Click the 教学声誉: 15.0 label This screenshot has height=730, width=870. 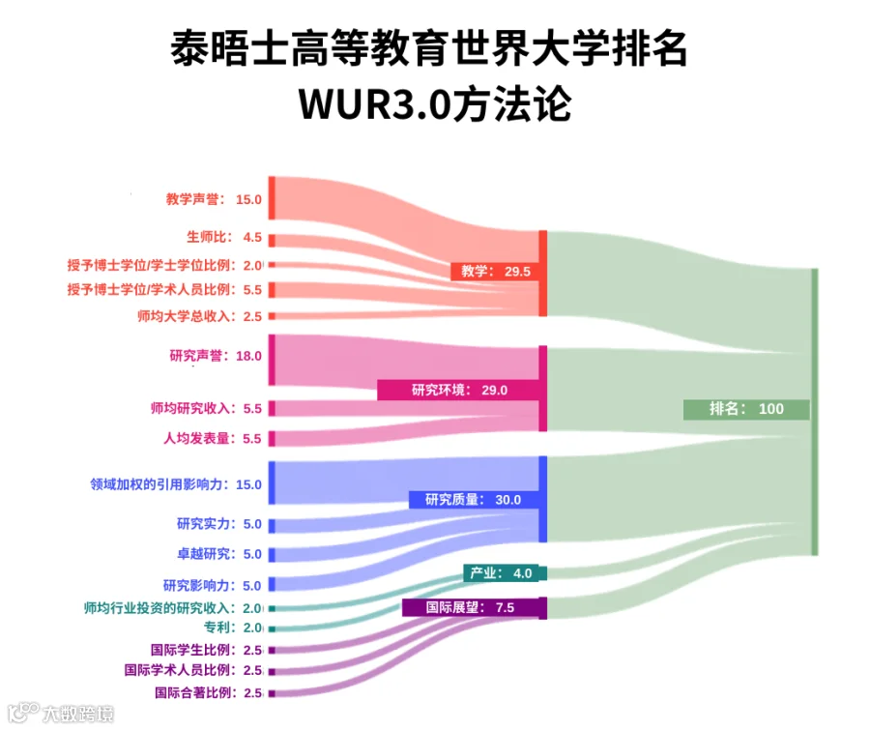point(214,199)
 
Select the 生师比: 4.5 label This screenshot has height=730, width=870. point(224,237)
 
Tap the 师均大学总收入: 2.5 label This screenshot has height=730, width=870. point(200,316)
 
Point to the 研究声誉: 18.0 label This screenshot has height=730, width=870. point(216,356)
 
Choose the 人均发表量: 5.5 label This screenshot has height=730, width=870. point(212,439)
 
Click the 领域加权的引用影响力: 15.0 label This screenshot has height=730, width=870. point(176,484)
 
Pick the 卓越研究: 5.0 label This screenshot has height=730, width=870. point(219,554)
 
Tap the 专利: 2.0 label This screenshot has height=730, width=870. point(233,628)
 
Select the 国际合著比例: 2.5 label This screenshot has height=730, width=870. point(208,693)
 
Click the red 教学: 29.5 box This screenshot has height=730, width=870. point(495,272)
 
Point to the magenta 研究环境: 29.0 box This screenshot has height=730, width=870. point(458,391)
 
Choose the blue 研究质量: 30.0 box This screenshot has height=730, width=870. point(474,500)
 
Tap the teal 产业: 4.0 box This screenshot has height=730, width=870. point(502,573)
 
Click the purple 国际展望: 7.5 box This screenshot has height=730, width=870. point(471,607)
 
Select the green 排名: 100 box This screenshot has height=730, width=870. point(746,409)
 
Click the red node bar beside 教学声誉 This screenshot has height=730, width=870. point(272,198)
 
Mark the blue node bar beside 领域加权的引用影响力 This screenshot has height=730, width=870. point(272,482)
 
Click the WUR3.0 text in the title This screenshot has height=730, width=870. point(375,103)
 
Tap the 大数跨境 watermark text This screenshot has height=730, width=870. point(78,714)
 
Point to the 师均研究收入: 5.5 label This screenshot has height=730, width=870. point(206,409)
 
